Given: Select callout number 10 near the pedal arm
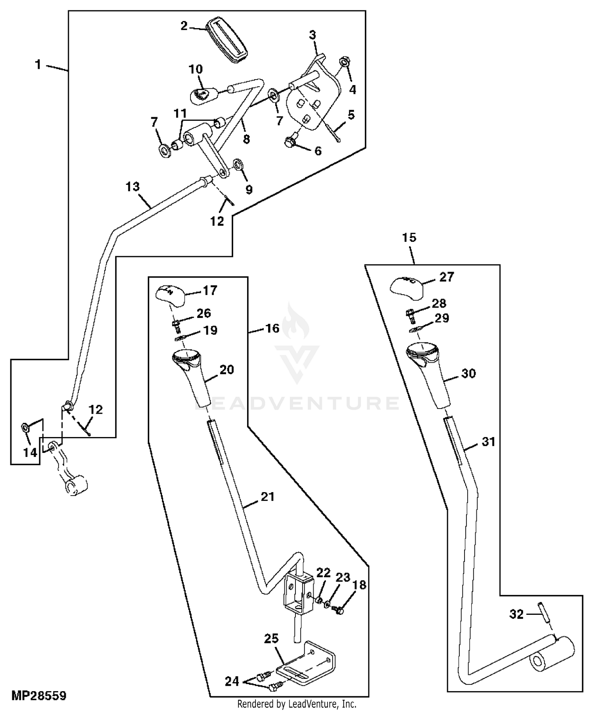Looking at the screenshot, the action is pos(196,70).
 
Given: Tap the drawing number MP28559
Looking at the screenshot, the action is pos(38,696).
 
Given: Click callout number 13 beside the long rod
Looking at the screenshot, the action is pos(133,186).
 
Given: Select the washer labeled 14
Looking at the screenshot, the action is pos(25,428).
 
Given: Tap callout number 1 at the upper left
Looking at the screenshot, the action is pos(38,64).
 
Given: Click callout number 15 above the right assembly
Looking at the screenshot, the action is pos(409,238).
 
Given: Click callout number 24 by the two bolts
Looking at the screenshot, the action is pos(232,681).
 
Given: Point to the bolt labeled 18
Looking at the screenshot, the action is pos(339,610).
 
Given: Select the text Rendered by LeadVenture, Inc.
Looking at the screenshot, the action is pos(297,704).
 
